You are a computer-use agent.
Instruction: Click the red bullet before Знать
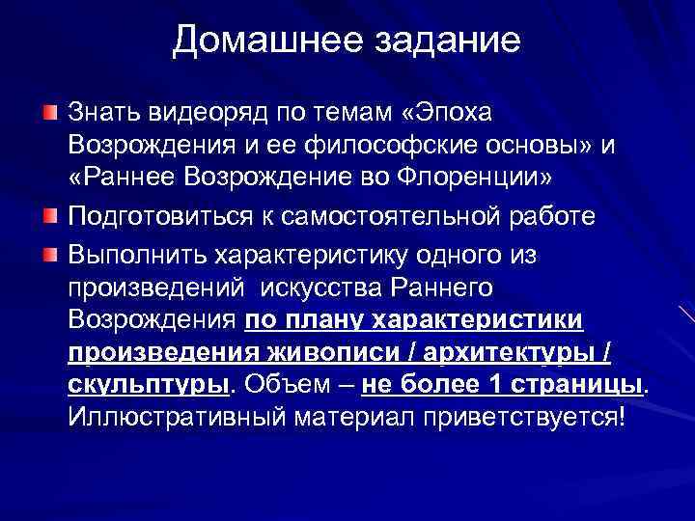click(50, 114)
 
